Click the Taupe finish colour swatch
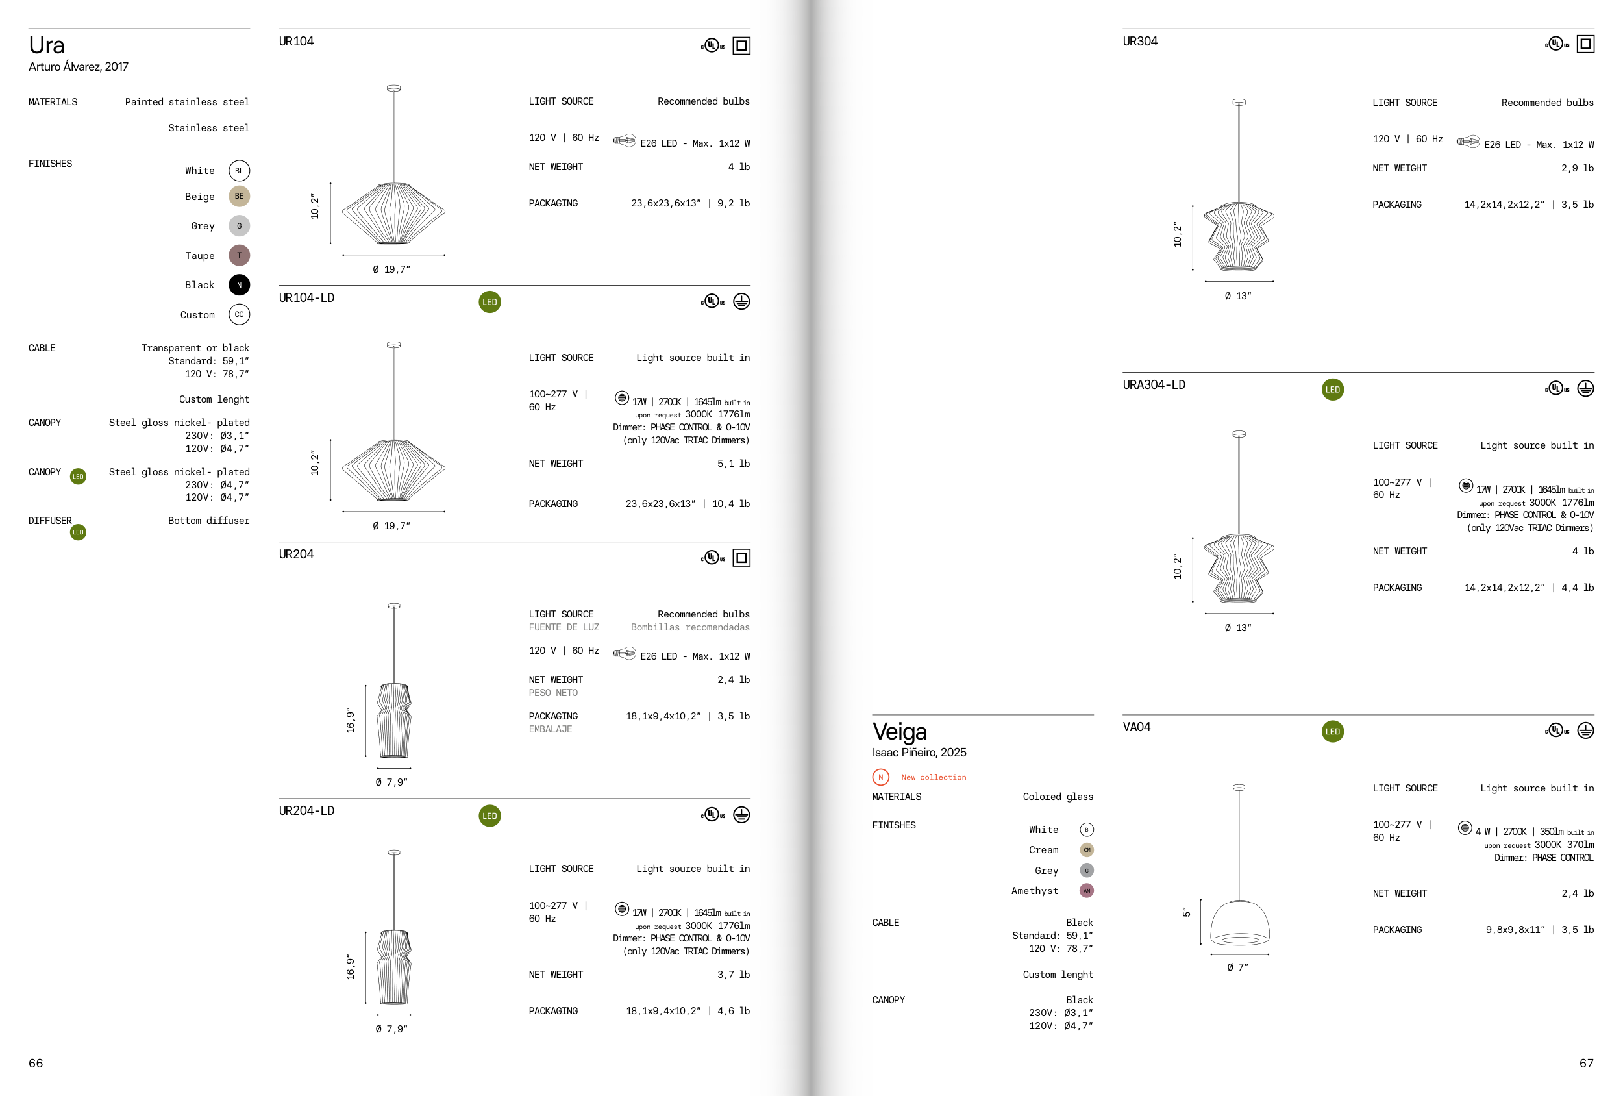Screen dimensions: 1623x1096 239,256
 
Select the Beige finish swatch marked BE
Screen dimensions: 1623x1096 239,196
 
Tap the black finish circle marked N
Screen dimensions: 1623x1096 239,285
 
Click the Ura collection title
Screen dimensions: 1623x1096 47,45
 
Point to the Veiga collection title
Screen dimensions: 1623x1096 900,731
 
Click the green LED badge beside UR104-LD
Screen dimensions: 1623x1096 489,302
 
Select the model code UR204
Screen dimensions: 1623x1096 296,554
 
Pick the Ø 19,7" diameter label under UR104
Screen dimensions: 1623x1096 391,269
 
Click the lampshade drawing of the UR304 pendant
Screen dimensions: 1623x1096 1239,237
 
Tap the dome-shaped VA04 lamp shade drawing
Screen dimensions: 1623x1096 1239,923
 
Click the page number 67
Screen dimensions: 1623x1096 1586,1063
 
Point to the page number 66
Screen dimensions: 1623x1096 36,1063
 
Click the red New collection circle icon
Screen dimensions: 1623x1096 880,777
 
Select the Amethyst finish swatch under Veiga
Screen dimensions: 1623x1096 1087,891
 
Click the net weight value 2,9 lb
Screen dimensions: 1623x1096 1578,168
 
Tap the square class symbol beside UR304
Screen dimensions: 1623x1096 1586,45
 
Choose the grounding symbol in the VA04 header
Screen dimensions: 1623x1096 1586,730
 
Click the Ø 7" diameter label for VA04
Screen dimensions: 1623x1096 1237,967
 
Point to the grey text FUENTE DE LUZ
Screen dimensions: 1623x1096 564,627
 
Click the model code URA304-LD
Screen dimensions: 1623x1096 1154,385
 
